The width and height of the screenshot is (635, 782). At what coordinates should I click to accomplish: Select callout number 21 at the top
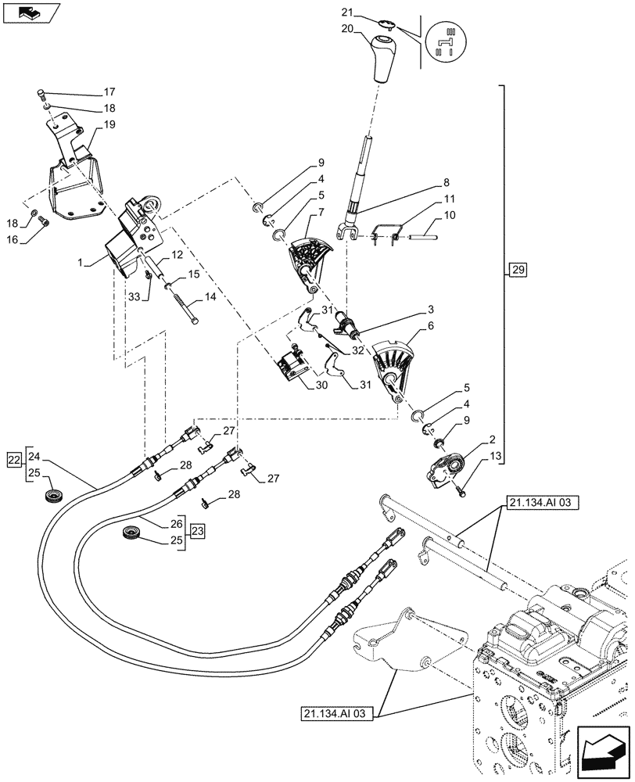(347, 13)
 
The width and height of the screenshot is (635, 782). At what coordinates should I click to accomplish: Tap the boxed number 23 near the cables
(196, 532)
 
